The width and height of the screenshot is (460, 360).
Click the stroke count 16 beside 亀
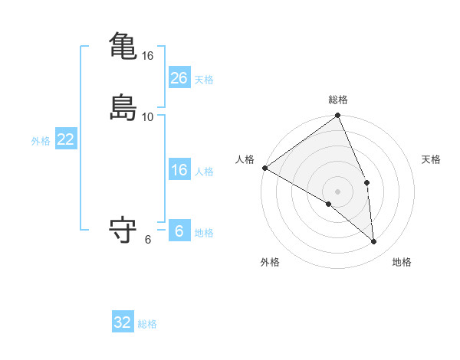pos(148,56)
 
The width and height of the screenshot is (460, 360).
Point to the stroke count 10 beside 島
pos(148,116)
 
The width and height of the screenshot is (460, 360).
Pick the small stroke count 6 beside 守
pos(148,239)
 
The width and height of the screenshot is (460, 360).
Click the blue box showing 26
pos(179,78)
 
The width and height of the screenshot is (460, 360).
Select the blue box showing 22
pos(66,139)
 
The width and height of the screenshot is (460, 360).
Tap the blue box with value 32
pos(123,322)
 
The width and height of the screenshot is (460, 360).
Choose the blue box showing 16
pos(179,170)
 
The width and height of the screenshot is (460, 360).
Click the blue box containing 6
pos(179,231)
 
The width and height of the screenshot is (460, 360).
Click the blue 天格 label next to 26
pos(204,80)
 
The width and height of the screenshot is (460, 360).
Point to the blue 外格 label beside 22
pos(41,141)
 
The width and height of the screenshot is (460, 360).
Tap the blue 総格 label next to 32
pos(147,324)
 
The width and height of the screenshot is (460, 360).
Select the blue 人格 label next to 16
pos(204,172)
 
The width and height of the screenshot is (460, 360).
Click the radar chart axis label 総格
pos(338,100)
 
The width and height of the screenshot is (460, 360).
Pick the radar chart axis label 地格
pos(402,262)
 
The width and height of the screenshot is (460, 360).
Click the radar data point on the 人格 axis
pos(264,168)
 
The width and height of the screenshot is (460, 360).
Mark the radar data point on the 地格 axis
pos(374,241)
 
